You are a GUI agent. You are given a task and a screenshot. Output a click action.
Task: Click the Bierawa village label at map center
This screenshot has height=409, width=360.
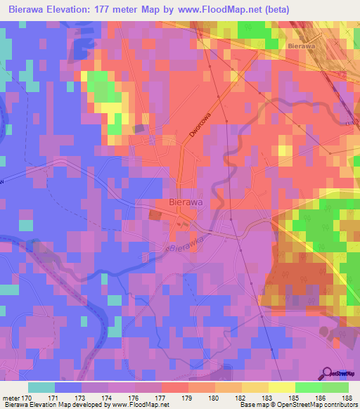coord(186,202)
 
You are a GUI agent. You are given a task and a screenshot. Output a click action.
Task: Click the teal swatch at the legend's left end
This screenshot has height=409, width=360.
coord(41,387)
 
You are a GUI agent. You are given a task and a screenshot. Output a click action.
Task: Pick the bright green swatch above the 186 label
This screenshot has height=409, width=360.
coord(308,387)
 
